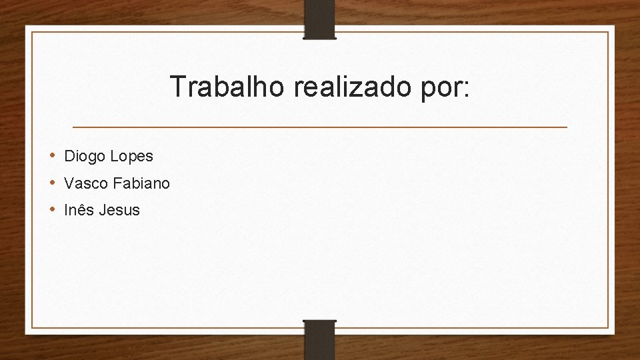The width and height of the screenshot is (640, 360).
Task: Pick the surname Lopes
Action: coord(131,157)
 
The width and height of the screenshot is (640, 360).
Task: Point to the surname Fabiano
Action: coord(141,183)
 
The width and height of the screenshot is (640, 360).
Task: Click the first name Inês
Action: coord(79,210)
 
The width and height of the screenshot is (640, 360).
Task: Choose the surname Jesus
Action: coord(119,210)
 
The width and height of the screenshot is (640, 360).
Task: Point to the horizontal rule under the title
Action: coord(319,127)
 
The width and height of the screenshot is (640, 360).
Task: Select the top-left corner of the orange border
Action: coord(31,32)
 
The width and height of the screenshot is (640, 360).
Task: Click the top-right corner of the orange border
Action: coord(608,32)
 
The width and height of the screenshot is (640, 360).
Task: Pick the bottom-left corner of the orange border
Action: coord(31,327)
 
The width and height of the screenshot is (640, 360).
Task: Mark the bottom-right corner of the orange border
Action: coord(608,327)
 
